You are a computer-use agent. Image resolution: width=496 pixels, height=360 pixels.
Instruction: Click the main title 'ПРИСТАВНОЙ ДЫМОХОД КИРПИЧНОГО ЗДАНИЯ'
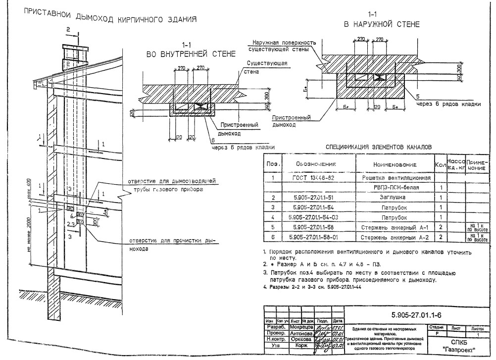[x=110, y=19]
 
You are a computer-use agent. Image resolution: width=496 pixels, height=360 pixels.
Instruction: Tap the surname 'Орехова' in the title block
[x=300, y=340]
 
